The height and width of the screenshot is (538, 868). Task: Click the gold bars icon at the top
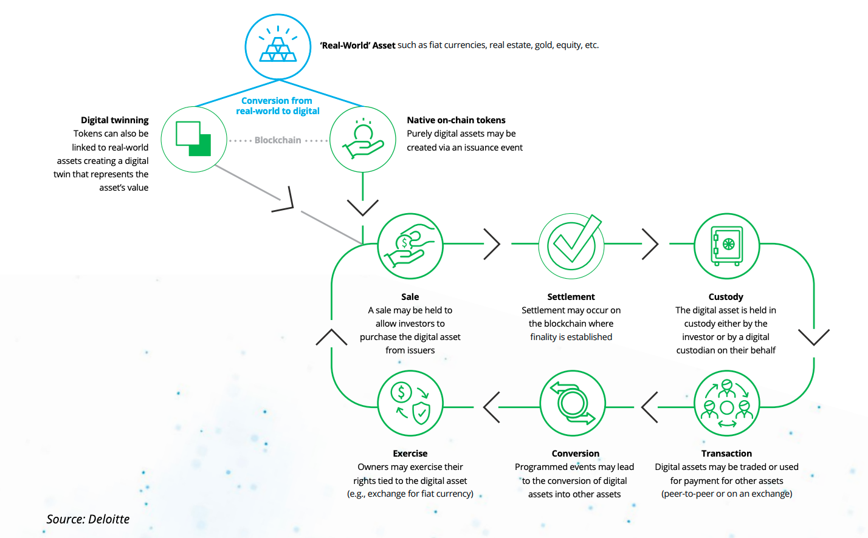[x=278, y=47]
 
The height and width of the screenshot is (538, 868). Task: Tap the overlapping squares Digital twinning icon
[x=194, y=139]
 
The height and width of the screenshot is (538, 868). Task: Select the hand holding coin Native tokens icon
[x=363, y=139]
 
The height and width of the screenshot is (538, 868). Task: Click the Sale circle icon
[x=410, y=246]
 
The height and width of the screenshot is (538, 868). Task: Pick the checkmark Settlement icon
[x=571, y=246]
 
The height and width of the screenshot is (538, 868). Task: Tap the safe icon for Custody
[x=726, y=246]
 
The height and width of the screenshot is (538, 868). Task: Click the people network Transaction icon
[x=726, y=403]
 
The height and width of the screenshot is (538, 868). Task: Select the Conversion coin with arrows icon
[x=573, y=403]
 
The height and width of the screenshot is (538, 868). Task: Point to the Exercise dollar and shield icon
[x=410, y=403]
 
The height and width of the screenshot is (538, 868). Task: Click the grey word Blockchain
[x=277, y=140]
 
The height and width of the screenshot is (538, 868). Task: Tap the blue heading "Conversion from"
[x=277, y=101]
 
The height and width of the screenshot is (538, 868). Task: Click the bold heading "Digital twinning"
[x=115, y=120]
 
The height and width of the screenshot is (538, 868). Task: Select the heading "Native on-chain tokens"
[x=456, y=120]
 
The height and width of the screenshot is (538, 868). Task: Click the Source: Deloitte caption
[x=88, y=519]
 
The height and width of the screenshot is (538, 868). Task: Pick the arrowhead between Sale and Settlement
[x=492, y=244]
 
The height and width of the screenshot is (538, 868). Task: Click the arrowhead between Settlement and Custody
[x=650, y=244]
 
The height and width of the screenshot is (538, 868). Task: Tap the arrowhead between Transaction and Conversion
[x=649, y=407]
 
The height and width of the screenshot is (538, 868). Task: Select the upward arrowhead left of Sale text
[x=331, y=337]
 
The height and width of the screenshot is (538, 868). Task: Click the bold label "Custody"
[x=726, y=297]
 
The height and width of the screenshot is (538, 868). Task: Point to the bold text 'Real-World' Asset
[x=357, y=46]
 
